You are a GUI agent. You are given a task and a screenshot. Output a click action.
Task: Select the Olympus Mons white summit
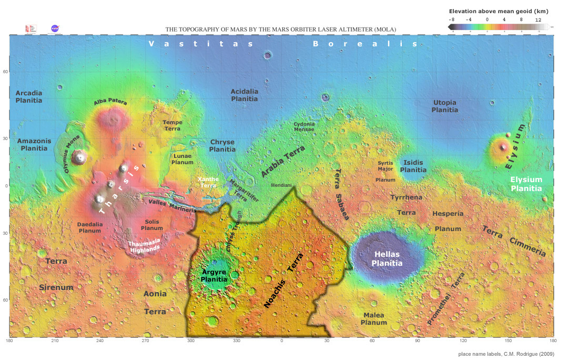(x=80, y=156)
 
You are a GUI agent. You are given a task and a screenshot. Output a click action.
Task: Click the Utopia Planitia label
(x=444, y=106)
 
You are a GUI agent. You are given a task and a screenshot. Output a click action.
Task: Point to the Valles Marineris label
(x=173, y=205)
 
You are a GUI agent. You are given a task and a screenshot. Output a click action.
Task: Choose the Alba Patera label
(x=110, y=103)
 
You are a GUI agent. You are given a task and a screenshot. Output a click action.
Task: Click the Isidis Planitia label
(x=413, y=166)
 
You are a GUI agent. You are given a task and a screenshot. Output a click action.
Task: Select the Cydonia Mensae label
(x=304, y=126)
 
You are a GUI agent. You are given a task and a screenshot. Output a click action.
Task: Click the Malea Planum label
(x=373, y=318)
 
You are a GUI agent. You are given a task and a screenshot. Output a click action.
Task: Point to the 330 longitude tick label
(x=237, y=342)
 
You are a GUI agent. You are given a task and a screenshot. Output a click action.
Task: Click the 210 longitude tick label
(x=55, y=342)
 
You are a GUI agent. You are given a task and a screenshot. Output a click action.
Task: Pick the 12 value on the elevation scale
(x=539, y=19)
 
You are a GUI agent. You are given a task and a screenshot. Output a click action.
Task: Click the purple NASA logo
(x=55, y=29)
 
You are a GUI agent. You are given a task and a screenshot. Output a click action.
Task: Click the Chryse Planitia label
(x=222, y=145)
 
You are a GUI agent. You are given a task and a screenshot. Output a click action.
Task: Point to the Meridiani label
(x=281, y=186)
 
